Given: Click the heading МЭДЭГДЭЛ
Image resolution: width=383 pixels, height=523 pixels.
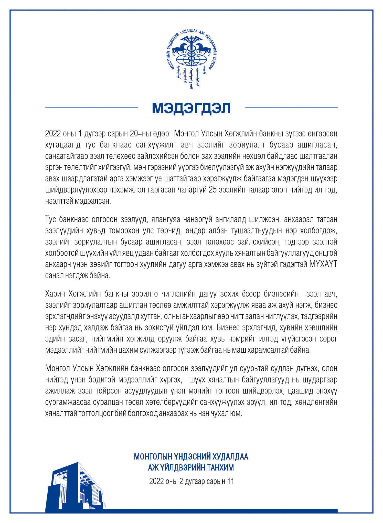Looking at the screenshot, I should [x=191, y=108].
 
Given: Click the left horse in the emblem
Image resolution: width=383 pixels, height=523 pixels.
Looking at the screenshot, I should [x=179, y=49].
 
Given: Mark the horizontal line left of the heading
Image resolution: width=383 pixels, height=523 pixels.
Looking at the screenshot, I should [x=91, y=107].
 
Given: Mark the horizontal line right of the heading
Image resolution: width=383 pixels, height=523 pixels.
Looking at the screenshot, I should [x=291, y=107].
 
